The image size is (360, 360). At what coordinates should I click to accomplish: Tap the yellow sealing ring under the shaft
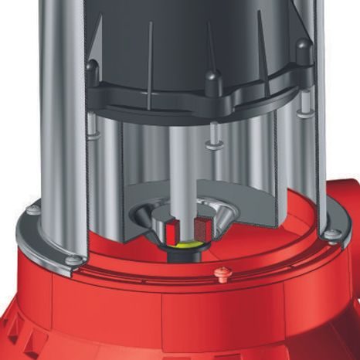182,241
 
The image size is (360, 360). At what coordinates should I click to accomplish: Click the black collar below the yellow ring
184,250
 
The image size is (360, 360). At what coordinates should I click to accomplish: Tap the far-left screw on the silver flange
32,209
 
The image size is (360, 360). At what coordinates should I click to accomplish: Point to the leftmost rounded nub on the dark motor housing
92,66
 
